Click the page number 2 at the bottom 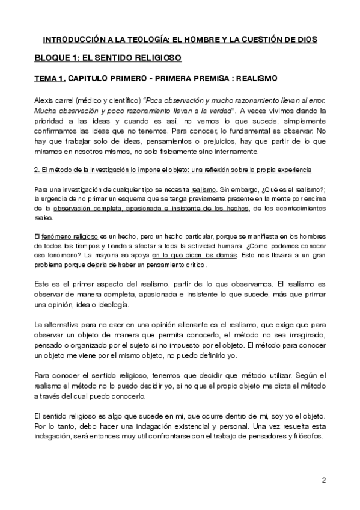pyautogui.click(x=324, y=480)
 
